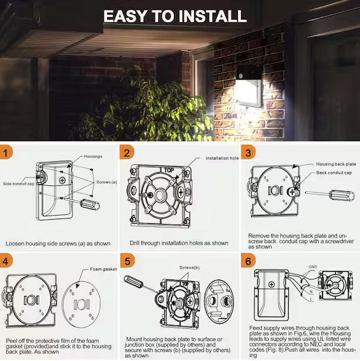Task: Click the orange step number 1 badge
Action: coord(7,153)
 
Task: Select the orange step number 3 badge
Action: coord(247,153)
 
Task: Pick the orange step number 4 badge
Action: coord(7,262)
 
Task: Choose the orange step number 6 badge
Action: coord(247,262)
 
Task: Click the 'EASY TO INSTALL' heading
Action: coord(175,16)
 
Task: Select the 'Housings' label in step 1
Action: coord(93,156)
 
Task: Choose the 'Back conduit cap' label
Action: coord(335,173)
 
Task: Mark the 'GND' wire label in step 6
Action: coord(313,266)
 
